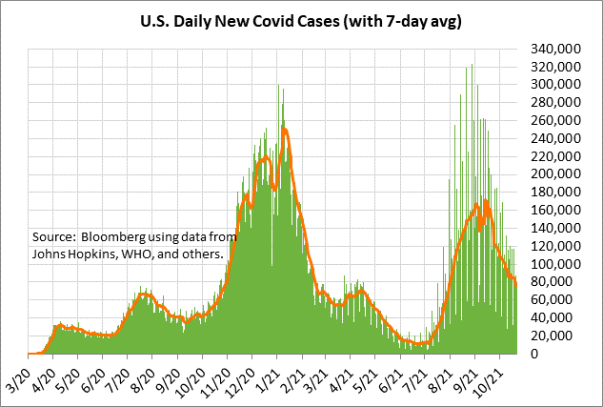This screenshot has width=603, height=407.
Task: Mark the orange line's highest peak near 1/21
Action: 284,129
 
